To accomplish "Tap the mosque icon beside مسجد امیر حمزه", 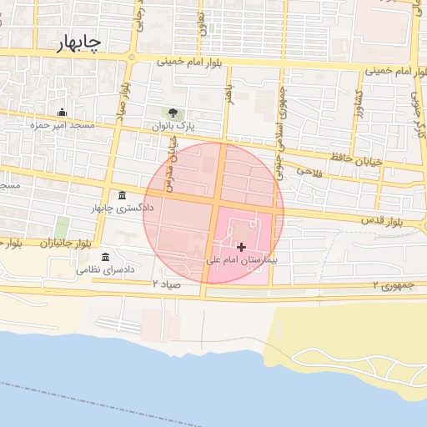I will pyautogui.click(x=61, y=113).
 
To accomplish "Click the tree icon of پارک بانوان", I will pyautogui.click(x=173, y=113).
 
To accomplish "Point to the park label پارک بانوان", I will pyautogui.click(x=173, y=126).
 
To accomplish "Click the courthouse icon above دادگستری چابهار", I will pyautogui.click(x=123, y=195).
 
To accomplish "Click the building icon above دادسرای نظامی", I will pyautogui.click(x=105, y=258).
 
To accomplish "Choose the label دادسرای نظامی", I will pyautogui.click(x=106, y=270).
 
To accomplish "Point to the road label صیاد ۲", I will pyautogui.click(x=167, y=284).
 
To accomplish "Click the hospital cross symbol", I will pyautogui.click(x=242, y=247).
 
